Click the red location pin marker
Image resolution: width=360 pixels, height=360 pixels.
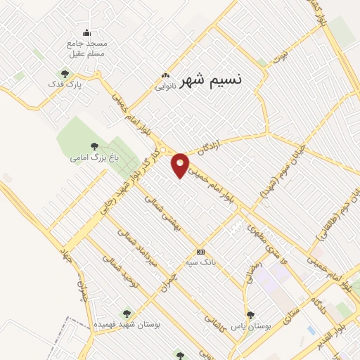tap(181, 165)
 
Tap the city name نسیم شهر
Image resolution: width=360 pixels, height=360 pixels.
tap(211, 79)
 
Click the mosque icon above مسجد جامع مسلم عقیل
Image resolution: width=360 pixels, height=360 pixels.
tap(87, 32)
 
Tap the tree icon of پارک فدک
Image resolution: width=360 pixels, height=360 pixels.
tap(65, 73)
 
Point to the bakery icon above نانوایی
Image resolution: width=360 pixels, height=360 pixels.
tap(165, 76)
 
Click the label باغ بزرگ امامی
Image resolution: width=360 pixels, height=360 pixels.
tap(87, 157)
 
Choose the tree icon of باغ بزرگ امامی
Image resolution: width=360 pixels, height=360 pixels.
tap(94, 146)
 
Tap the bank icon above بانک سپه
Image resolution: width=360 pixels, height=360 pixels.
tap(201, 252)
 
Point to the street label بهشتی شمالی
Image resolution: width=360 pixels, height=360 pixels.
tap(162, 212)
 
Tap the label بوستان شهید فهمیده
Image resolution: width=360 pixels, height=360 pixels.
tap(127, 326)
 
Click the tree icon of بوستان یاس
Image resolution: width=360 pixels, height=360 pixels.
tap(250, 314)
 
